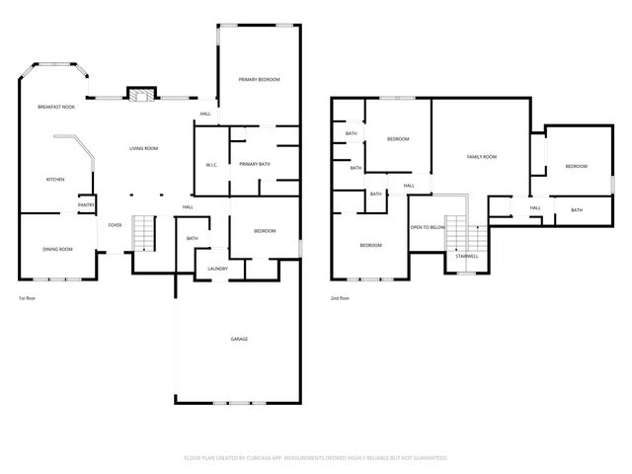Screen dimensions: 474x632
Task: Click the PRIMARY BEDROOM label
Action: (x=260, y=79)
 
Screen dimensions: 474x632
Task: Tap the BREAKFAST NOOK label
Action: (x=56, y=107)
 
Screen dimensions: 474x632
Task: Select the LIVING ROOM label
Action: (x=144, y=148)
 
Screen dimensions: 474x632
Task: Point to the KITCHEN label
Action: (x=55, y=179)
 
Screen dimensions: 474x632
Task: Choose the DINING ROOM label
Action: (x=57, y=249)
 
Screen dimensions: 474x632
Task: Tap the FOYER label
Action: (x=116, y=225)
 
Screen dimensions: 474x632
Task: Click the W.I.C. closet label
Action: (x=211, y=165)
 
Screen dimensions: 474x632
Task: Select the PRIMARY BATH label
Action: (x=255, y=164)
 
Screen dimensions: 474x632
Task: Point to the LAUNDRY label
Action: (x=218, y=269)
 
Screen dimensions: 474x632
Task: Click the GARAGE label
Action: (x=239, y=339)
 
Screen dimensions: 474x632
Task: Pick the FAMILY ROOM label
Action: (x=482, y=157)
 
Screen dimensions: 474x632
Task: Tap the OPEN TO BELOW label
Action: (x=428, y=226)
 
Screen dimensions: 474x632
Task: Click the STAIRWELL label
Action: (x=466, y=255)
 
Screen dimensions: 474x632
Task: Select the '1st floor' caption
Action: (x=29, y=297)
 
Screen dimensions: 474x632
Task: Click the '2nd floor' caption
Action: (x=340, y=297)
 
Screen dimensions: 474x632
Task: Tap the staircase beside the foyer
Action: (x=145, y=233)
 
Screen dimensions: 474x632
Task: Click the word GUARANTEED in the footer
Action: (x=431, y=458)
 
